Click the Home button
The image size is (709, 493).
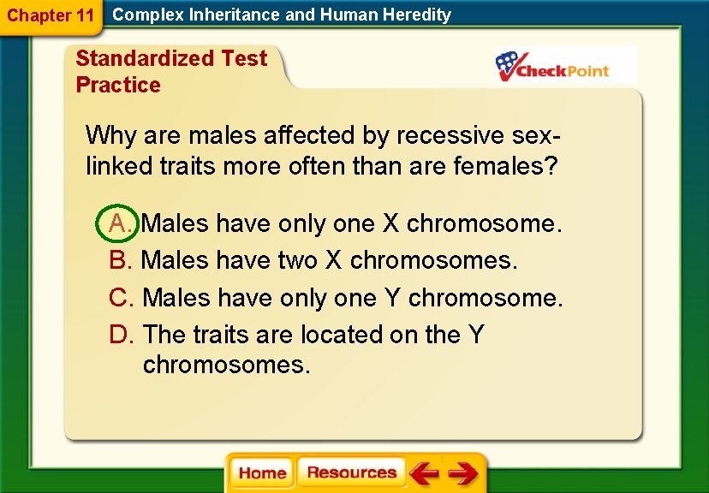[262, 473]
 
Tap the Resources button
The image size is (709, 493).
[351, 472]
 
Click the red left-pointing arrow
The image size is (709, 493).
[423, 473]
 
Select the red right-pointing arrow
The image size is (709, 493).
[463, 473]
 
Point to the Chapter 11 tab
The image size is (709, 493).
[50, 15]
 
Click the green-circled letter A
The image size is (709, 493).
[119, 224]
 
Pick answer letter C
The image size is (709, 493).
[120, 298]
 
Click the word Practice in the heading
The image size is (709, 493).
[118, 85]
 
